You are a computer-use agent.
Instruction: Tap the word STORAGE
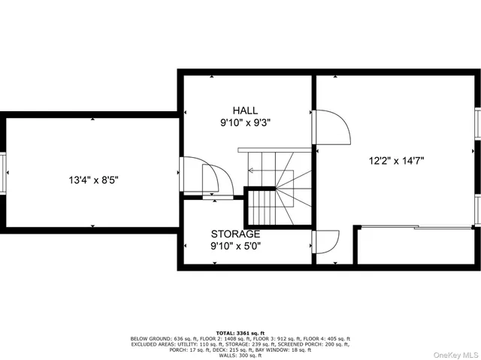pyautogui.click(x=235, y=234)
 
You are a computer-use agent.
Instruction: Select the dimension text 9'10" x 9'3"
pyautogui.click(x=246, y=122)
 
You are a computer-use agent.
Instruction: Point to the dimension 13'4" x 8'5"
pyautogui.click(x=94, y=180)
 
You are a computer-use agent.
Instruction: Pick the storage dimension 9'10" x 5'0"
pyautogui.click(x=235, y=245)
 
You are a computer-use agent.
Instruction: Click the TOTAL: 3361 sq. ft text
pyautogui.click(x=240, y=332)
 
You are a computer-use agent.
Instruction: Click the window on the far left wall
pyautogui.click(x=2, y=173)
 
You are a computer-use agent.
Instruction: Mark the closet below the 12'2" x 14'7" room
pyautogui.click(x=416, y=245)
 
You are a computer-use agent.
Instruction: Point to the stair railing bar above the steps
pyautogui.click(x=274, y=150)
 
